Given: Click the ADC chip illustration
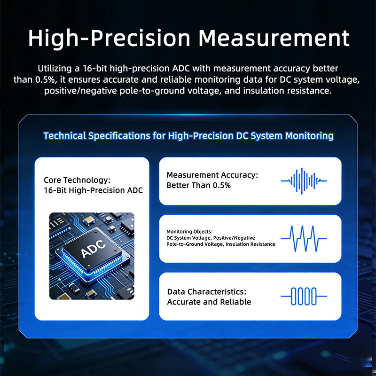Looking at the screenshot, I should pyautogui.click(x=92, y=256).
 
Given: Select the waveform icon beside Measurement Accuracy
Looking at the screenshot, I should pyautogui.click(x=304, y=180).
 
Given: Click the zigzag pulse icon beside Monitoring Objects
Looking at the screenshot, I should pyautogui.click(x=304, y=238).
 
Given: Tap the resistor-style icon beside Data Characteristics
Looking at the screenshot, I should pyautogui.click(x=304, y=296).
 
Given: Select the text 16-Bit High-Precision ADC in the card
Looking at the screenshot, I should pyautogui.click(x=93, y=190).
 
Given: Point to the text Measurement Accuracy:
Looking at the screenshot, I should pyautogui.click(x=212, y=175).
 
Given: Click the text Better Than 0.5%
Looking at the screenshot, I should pyautogui.click(x=198, y=185).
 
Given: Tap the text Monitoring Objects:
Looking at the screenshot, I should pyautogui.click(x=189, y=232).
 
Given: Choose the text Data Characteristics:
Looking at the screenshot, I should pyautogui.click(x=207, y=292).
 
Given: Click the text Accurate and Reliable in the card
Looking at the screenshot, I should pyautogui.click(x=209, y=302).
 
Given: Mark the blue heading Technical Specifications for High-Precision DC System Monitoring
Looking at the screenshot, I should pyautogui.click(x=188, y=136).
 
